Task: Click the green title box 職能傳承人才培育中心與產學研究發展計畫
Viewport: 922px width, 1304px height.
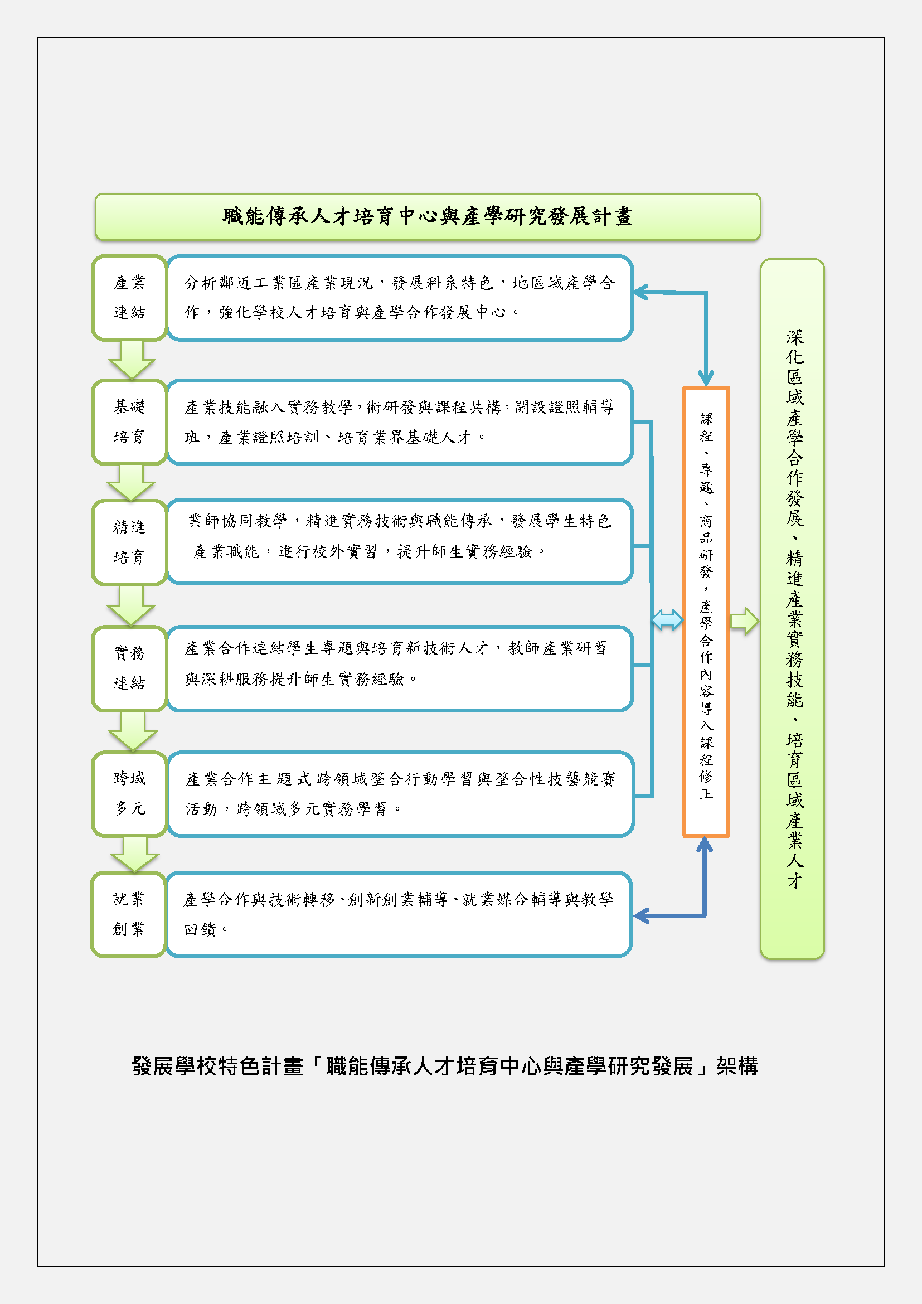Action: tap(428, 217)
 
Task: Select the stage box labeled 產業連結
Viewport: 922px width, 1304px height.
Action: tap(129, 298)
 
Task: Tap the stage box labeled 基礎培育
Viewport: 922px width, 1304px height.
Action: tap(129, 422)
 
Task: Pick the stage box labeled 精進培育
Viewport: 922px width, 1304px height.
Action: tap(129, 542)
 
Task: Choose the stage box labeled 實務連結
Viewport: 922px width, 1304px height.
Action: tap(129, 668)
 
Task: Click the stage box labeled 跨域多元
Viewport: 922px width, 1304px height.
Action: tap(129, 794)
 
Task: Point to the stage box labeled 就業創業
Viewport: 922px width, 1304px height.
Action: tap(128, 914)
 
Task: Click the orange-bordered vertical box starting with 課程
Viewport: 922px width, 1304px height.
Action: tap(706, 612)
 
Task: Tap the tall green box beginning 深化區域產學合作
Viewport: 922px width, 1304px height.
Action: tap(792, 609)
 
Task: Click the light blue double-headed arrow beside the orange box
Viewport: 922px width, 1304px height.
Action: tap(667, 619)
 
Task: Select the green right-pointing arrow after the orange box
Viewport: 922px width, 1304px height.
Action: tap(744, 621)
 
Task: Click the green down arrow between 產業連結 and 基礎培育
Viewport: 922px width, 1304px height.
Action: tap(131, 360)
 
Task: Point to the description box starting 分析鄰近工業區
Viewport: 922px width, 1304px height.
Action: tap(400, 298)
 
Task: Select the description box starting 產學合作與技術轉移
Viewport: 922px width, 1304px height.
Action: tap(399, 914)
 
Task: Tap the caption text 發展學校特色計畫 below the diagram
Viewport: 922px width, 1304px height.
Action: tap(217, 1066)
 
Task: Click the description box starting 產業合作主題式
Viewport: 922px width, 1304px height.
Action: tap(400, 794)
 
